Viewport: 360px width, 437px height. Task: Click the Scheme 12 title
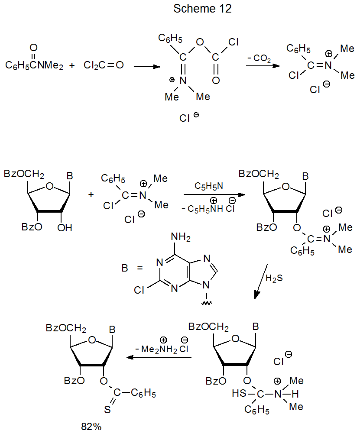click(202, 9)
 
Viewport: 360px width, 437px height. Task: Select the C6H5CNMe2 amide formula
click(34, 66)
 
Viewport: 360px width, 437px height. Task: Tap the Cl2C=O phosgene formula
click(104, 66)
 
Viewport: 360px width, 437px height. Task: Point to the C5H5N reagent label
click(209, 186)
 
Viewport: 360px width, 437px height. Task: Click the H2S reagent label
click(274, 278)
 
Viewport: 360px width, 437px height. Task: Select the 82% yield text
click(91, 427)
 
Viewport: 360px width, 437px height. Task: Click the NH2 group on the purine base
click(181, 237)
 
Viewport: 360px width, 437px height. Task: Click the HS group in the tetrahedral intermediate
click(238, 394)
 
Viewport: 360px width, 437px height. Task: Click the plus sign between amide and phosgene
click(72, 66)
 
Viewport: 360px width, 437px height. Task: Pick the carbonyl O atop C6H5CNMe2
click(34, 48)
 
